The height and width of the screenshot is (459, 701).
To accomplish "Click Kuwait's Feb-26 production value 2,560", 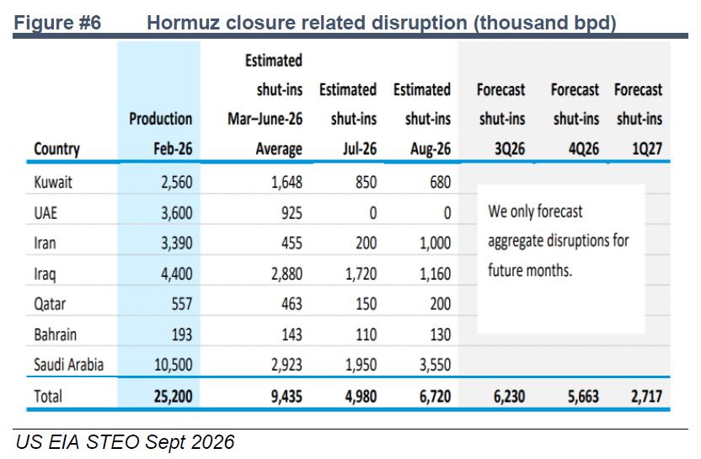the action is coord(177,183).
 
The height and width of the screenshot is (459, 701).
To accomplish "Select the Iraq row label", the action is coord(45,274).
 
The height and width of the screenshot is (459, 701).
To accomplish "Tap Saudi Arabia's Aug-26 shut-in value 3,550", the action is coord(435,366).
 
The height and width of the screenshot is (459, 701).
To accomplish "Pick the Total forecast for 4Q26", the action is coord(583,397).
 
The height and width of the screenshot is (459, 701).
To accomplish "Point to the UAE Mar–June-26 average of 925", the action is coord(292,213).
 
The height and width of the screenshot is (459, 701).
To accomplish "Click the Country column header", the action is coord(56,149).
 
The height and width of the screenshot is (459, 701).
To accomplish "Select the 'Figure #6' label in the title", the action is coord(57,23).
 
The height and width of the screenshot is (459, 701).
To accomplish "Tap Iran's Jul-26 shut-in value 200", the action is coord(367,243).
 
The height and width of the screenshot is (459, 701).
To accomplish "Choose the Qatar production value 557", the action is coord(182,304).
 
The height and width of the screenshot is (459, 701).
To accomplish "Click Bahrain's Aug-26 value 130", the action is coord(441,334).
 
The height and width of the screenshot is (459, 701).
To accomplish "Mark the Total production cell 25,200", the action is coord(173,397).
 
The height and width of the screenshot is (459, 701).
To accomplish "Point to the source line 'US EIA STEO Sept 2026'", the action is coord(126,442).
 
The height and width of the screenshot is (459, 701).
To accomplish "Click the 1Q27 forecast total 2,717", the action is coord(646,397).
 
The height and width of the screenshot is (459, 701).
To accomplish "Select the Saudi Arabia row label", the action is coord(69,366).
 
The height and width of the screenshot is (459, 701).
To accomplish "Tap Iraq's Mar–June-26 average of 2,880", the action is coord(286,274).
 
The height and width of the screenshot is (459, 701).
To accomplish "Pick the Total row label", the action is coord(48,397).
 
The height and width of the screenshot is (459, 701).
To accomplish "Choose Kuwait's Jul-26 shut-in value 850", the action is coord(367,183).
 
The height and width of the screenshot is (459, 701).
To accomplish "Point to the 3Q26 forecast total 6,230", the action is coord(509,397).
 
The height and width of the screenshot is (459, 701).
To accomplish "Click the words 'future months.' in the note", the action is coord(530,271).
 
